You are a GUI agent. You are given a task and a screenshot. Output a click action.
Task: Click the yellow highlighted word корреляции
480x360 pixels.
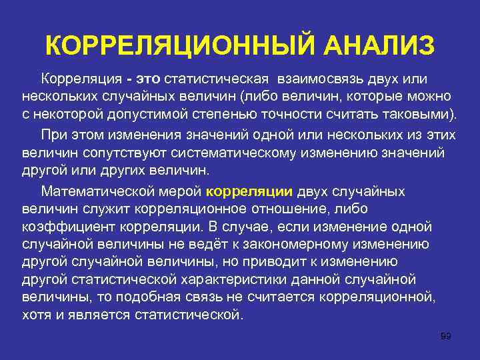pyautogui.click(x=249, y=191)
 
